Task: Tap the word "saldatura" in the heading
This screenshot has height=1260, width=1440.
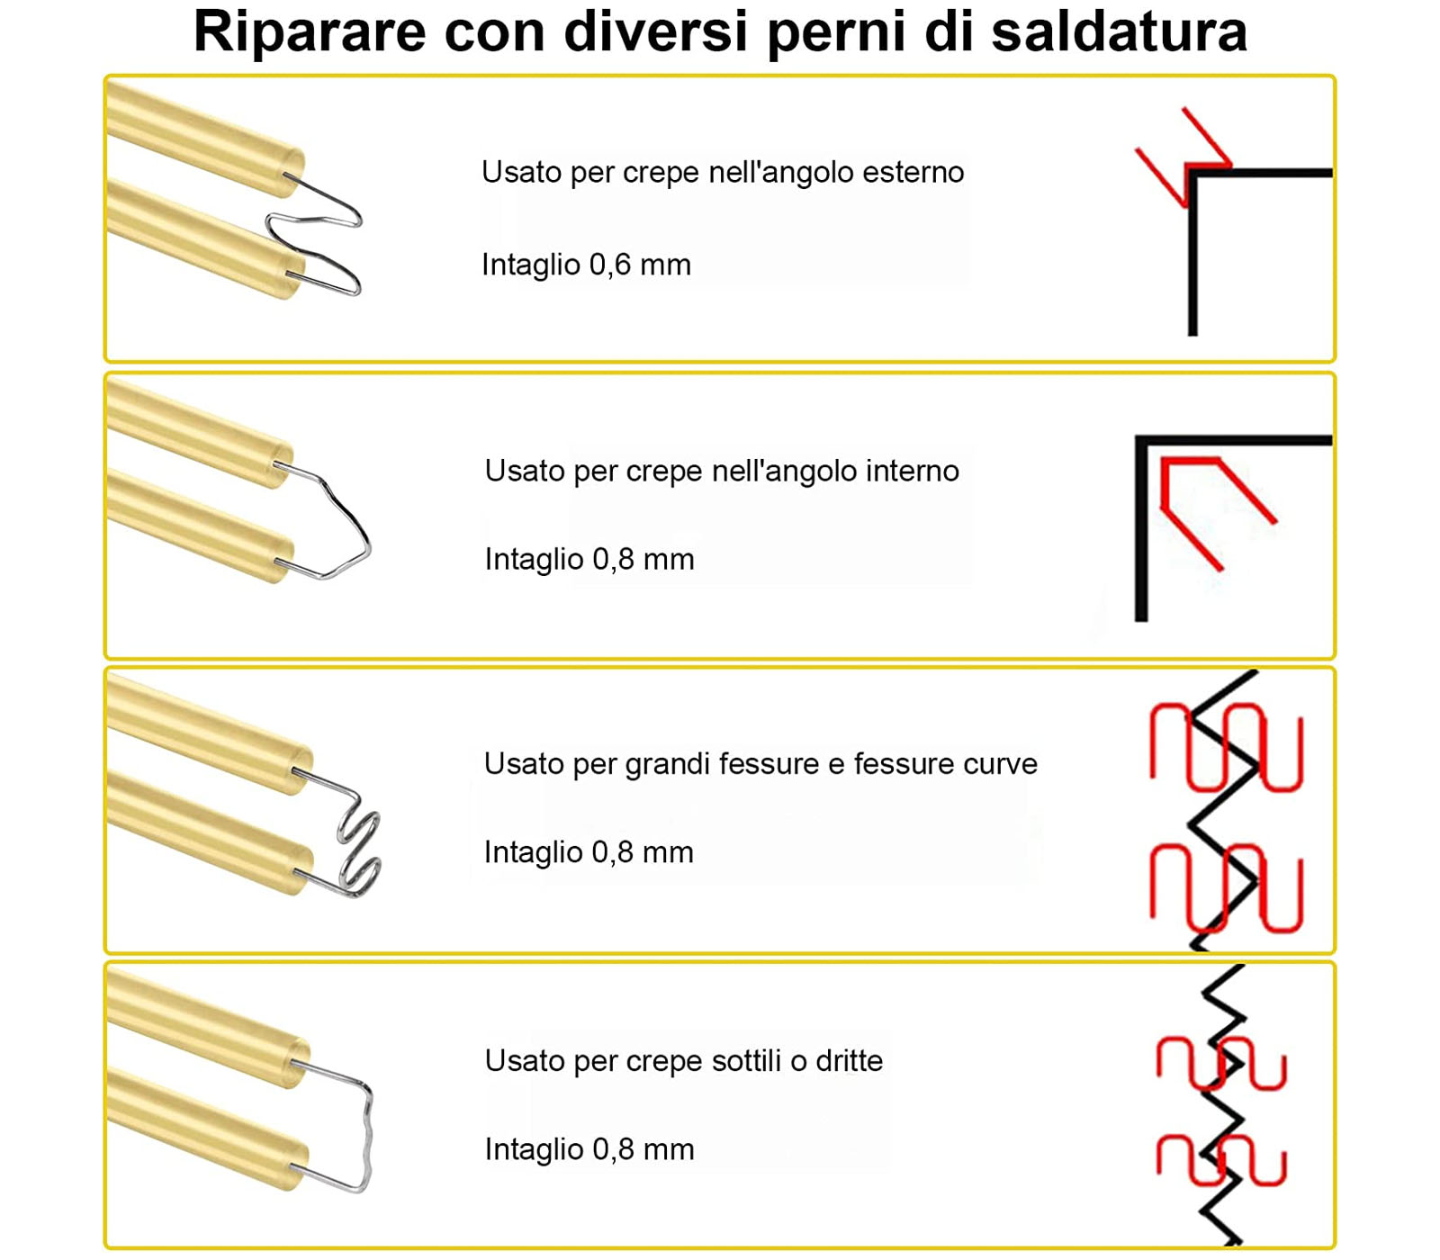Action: tap(1119, 31)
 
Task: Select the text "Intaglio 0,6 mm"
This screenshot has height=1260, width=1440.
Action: tap(586, 265)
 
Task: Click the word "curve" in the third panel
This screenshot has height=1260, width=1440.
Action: tap(1000, 765)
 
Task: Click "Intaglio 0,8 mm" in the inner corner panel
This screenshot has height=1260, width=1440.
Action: tap(589, 559)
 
